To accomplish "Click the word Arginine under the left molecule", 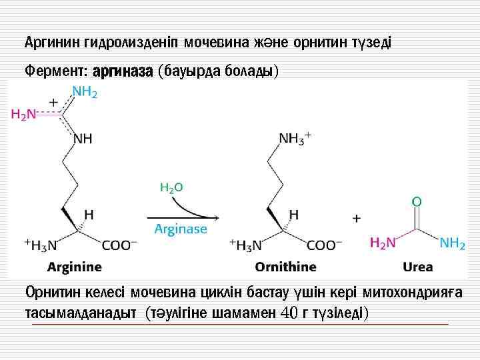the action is tap(75, 267).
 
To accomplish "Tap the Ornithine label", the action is tap(285, 267).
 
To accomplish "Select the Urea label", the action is tap(418, 267).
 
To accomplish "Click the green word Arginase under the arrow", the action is tap(180, 229).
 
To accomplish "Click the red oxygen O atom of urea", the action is tap(417, 201).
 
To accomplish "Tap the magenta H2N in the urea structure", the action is tap(383, 243).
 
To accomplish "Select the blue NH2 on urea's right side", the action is tap(452, 243).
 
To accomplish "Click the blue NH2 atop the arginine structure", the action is tap(85, 93).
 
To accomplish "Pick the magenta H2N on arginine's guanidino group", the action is tap(23, 115).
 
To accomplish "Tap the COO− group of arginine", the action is tap(120, 245).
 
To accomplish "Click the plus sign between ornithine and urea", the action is tap(357, 217).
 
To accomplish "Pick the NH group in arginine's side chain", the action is tap(83, 139).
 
